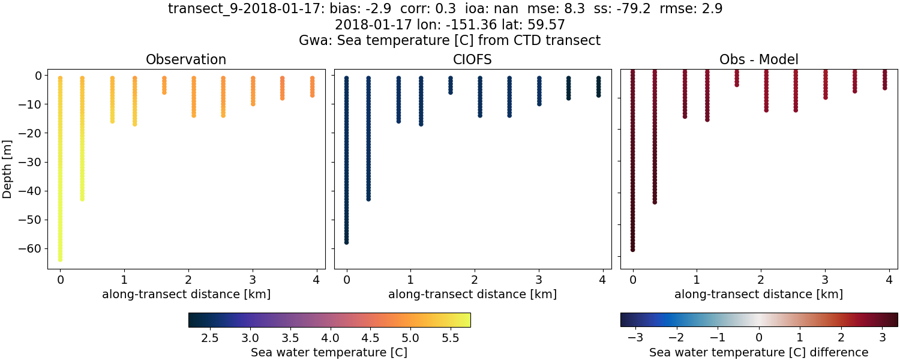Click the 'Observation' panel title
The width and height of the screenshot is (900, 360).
pos(186,59)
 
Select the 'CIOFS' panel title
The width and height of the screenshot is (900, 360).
pos(472,59)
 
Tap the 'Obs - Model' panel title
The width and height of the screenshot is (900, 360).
pos(758,59)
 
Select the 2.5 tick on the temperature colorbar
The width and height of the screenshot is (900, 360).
pos(209,338)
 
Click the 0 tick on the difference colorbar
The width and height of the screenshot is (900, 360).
pos(759,338)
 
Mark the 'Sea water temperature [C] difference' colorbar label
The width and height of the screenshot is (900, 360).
pos(758,352)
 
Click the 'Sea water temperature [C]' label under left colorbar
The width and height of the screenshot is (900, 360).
pos(329,352)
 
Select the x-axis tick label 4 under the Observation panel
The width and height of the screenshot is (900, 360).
pos(316,280)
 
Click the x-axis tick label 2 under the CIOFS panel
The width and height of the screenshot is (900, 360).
pos(475,280)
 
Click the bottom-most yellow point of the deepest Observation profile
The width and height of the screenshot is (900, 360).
pos(60,259)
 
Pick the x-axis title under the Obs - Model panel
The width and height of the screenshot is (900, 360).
pos(758,294)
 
